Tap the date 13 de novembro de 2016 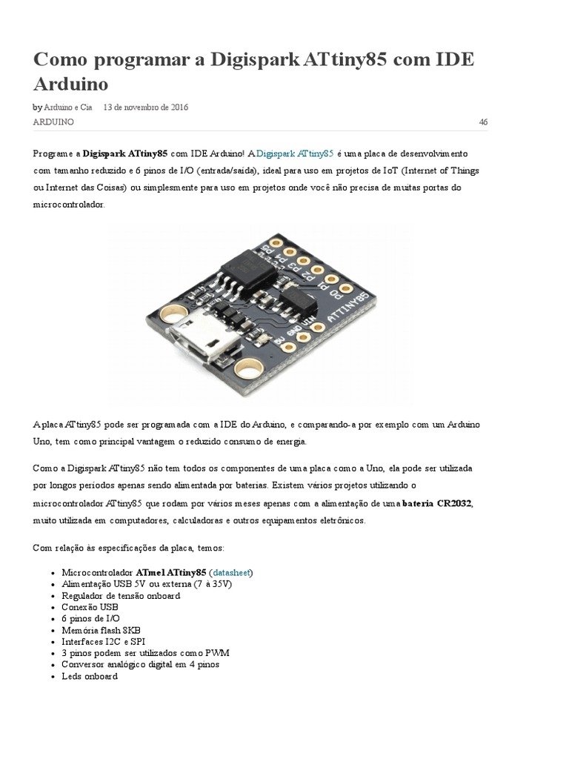[x=146, y=107]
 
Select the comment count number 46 [x=483, y=122]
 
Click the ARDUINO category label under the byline [x=53, y=122]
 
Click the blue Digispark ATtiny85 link [x=295, y=153]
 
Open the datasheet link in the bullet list [x=233, y=573]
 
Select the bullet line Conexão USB [x=90, y=607]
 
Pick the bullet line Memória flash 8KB [x=102, y=630]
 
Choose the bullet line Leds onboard [x=90, y=676]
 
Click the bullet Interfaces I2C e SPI [x=104, y=641]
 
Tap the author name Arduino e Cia [x=69, y=107]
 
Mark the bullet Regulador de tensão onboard [x=121, y=596]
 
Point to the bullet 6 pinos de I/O [x=91, y=618]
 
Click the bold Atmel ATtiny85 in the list [x=171, y=573]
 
